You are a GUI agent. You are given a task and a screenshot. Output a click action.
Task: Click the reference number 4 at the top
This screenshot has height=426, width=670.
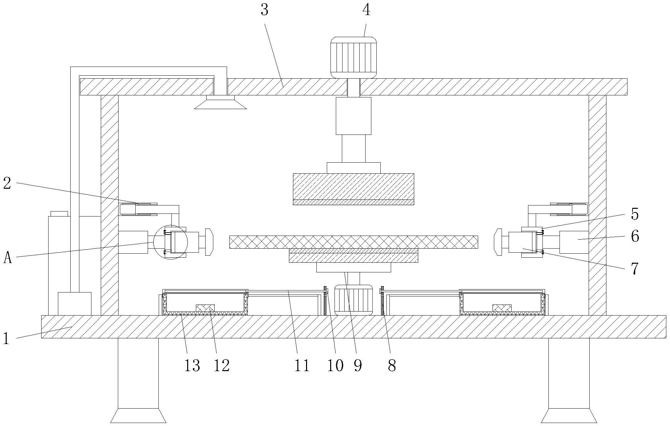click(366, 10)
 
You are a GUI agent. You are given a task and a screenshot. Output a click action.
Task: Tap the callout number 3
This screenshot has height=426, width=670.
click(265, 10)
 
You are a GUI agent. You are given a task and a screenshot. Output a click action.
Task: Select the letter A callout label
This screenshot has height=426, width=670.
click(7, 258)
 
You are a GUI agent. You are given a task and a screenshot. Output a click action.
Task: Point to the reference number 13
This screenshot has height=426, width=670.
click(192, 365)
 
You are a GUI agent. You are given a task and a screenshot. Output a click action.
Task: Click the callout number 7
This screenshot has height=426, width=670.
click(635, 268)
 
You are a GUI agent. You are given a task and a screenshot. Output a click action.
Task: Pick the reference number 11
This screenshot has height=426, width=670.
click(302, 365)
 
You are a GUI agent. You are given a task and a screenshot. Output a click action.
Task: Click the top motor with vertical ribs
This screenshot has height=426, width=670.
click(353, 57)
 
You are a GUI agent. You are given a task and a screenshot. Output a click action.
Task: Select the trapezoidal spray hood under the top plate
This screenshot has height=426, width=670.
click(221, 102)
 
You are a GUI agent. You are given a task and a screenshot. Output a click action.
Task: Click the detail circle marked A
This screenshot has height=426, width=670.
click(170, 242)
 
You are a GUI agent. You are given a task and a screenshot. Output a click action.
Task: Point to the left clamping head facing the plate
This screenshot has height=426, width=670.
click(209, 242)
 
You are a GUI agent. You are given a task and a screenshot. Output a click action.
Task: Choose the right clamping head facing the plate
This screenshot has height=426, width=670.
click(498, 242)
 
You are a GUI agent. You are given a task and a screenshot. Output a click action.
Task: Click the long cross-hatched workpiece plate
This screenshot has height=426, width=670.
click(353, 242)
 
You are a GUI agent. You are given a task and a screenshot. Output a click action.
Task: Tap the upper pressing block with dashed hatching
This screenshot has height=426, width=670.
click(353, 186)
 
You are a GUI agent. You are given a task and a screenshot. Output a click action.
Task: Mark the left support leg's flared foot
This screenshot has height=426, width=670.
click(138, 416)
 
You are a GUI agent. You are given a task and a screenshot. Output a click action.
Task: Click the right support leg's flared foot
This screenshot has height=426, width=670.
click(569, 416)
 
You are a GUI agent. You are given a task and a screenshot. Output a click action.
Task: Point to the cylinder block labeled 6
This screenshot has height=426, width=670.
click(574, 242)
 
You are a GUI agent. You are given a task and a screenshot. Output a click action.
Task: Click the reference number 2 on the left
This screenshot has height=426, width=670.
click(7, 183)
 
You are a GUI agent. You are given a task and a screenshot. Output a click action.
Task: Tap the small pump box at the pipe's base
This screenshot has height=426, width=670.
click(74, 304)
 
